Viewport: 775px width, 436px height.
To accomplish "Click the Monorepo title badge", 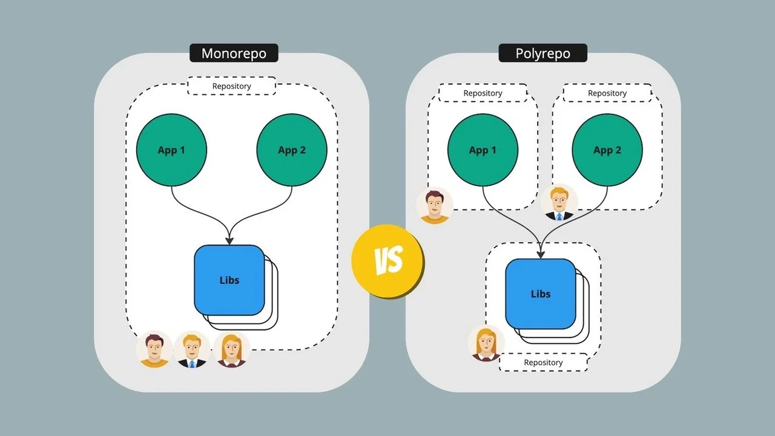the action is (234, 53).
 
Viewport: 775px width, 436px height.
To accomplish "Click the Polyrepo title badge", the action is (543, 53).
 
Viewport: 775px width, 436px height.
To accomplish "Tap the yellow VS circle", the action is (388, 261).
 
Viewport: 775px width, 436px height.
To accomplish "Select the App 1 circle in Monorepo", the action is (171, 150).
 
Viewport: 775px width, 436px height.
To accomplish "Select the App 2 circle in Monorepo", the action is (292, 150).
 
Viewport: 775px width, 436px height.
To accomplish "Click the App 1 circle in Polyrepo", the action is (483, 150).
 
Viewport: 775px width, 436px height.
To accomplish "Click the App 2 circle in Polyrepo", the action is (607, 150).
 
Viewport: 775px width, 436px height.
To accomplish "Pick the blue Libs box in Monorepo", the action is (229, 280).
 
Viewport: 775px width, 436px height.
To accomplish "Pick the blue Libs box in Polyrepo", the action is (541, 294).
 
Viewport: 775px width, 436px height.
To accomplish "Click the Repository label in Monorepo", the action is (232, 86).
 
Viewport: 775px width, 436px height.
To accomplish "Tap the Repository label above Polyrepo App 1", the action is (483, 93).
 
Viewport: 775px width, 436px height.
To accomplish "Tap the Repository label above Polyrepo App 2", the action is (607, 93).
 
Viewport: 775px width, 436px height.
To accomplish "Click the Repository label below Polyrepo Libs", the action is (543, 362).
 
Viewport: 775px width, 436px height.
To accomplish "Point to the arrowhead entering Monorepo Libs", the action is (229, 241).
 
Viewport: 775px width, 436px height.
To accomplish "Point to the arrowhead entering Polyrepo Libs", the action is (541, 255).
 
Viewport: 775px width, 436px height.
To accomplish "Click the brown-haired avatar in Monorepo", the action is (154, 349).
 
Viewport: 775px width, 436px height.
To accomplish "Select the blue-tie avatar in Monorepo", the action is (192, 349).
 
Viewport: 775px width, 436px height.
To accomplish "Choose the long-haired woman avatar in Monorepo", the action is (231, 349).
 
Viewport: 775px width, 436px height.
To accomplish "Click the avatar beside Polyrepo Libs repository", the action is (486, 343).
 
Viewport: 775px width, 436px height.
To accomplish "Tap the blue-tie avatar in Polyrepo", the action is (559, 202).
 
